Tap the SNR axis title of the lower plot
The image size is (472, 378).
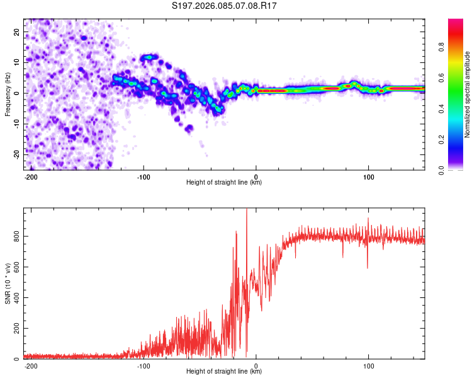(x=8, y=283)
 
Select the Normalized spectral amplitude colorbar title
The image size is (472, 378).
(x=468, y=94)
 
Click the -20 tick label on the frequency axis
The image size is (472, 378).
(x=15, y=154)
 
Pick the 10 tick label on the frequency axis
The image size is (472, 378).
(x=16, y=62)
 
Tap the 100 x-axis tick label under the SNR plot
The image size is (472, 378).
(x=368, y=366)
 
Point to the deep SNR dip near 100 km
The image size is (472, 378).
(x=368, y=267)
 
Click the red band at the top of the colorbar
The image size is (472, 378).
(x=456, y=23)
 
